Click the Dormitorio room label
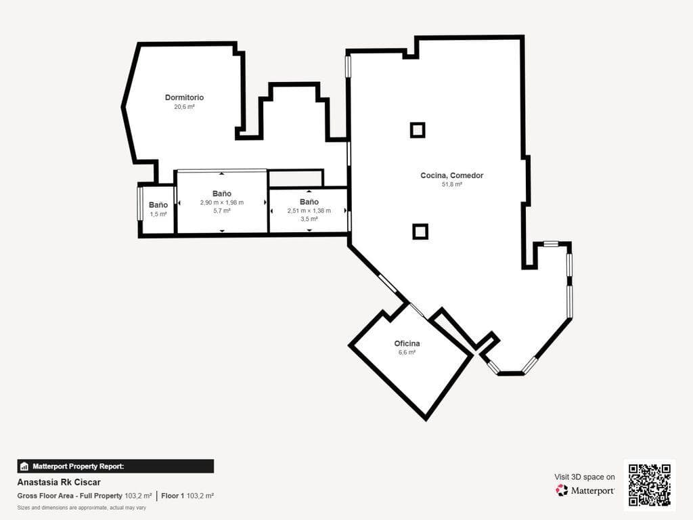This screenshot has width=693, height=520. coord(184,97)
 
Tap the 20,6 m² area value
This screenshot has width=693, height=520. coord(184,107)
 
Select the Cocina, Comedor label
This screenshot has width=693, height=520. coord(451,175)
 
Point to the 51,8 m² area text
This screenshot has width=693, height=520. coord(451,184)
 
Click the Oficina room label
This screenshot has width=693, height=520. coord(407,343)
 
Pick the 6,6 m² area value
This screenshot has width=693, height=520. coord(407,352)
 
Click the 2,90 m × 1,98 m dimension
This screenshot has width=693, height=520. coord(222,202)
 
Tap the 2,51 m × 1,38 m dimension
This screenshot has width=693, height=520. coord(309,211)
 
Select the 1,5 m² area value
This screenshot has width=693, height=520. coord(158,214)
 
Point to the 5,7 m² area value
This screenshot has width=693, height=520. coord(222,211)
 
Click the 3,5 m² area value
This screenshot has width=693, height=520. coord(309,219)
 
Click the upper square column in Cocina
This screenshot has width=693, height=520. coord(418,130)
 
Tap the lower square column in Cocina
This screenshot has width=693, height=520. coord(420,232)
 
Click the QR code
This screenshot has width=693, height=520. coord(650,485)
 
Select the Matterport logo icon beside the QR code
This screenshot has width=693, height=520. coord(562,490)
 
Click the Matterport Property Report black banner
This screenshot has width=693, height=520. coord(115,467)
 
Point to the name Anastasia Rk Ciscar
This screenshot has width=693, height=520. coord(59,482)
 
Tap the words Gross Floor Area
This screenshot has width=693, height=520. coord(45,496)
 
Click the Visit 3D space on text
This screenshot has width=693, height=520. coord(584,477)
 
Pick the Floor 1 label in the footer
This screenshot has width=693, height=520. coord(173,496)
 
